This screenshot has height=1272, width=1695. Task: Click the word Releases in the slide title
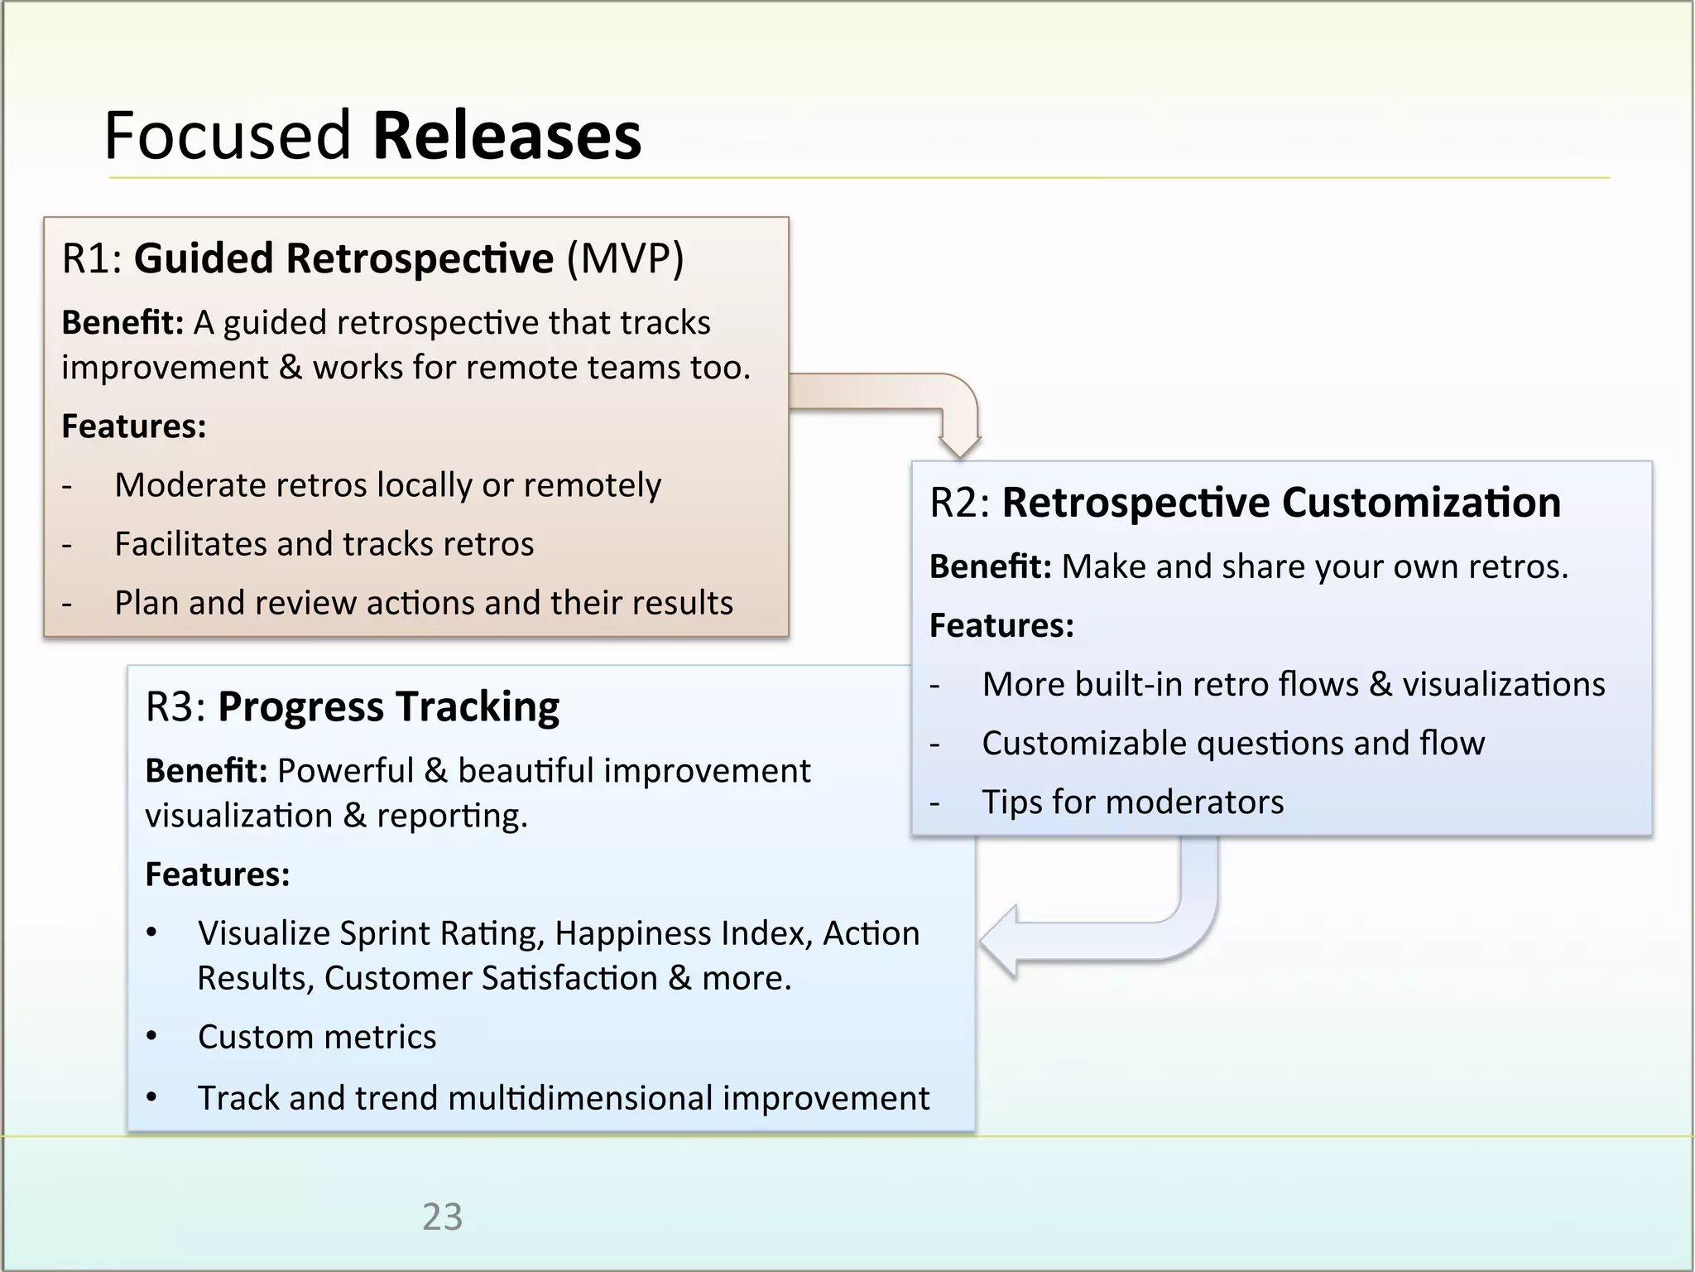[x=507, y=136]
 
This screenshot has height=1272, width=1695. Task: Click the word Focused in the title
[x=228, y=136]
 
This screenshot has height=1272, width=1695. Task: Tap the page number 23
[x=442, y=1217]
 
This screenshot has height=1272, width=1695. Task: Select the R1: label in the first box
[x=92, y=258]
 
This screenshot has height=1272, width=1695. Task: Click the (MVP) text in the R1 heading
[x=625, y=258]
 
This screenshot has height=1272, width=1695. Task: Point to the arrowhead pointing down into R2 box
[x=960, y=442]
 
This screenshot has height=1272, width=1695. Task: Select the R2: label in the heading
[x=960, y=503]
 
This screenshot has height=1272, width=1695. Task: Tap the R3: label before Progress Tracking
[x=175, y=707]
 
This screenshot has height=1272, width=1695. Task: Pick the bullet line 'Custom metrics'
[x=316, y=1037]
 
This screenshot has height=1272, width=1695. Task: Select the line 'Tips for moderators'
[x=1132, y=802]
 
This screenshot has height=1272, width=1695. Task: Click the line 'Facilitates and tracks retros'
[x=324, y=544]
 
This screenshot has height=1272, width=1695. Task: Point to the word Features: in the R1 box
[x=134, y=426]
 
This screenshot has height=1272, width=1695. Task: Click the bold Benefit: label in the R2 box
[x=990, y=566]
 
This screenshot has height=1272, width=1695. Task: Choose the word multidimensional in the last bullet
[x=579, y=1098]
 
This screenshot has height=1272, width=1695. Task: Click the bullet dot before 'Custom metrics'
[x=151, y=1037]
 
